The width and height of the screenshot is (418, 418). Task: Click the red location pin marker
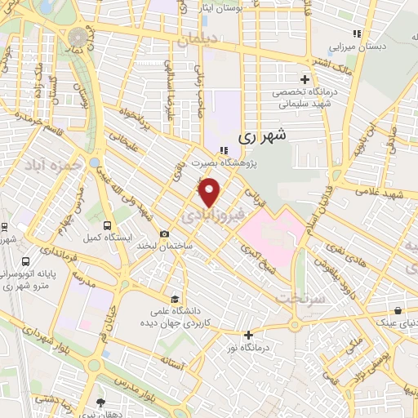click(x=211, y=193)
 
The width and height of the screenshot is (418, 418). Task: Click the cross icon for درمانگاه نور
click(x=248, y=335)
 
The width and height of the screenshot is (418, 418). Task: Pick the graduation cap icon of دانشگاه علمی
click(x=174, y=298)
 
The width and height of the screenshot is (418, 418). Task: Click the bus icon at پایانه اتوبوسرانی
click(x=27, y=263)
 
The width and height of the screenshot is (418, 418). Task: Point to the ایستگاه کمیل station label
click(x=103, y=238)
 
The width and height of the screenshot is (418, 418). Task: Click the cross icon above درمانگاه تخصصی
click(x=305, y=80)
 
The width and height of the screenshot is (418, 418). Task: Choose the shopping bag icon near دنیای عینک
click(x=397, y=311)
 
